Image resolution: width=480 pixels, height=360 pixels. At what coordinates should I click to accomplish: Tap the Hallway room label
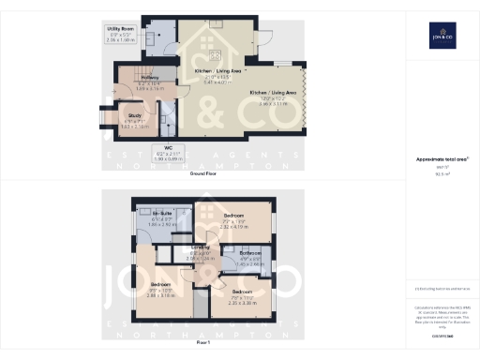point(138,77)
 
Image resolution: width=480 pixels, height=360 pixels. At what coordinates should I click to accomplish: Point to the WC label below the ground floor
point(169,147)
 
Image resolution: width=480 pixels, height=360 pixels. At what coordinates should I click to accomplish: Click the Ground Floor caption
point(203,174)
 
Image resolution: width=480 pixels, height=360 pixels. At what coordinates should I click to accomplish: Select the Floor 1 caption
point(203,343)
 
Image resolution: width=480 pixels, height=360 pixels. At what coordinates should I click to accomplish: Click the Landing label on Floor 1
point(202,248)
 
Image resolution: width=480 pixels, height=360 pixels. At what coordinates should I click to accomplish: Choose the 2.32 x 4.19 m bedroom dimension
point(233,227)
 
